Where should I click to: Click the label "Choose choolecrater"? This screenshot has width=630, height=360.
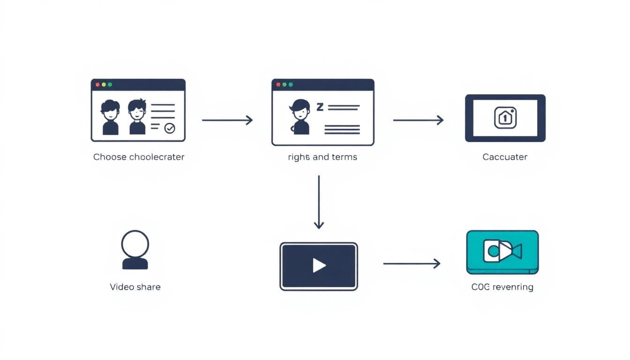[x=139, y=157]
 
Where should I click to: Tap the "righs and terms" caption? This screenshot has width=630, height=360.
[x=322, y=157]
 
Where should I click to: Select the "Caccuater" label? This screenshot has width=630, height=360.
[x=505, y=157]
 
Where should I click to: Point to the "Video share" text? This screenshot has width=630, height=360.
[x=135, y=287]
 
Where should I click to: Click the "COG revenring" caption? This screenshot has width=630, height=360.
[x=502, y=287]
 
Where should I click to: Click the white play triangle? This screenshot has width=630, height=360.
[x=319, y=266]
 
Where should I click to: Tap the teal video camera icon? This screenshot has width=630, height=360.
[x=502, y=251]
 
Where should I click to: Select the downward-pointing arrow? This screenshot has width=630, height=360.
[x=319, y=202]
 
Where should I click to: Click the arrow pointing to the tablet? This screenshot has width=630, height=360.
[x=418, y=120]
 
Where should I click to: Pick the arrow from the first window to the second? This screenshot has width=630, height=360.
[x=227, y=120]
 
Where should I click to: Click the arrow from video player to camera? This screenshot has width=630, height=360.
[x=412, y=264]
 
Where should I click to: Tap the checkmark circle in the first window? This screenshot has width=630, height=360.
[x=169, y=128]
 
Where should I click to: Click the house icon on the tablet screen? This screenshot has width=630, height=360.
[x=505, y=118]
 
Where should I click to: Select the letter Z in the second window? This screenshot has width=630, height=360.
[x=320, y=107]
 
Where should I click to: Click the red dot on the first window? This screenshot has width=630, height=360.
[x=97, y=85]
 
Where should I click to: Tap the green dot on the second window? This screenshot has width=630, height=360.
[x=291, y=85]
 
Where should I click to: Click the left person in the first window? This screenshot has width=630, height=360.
[x=110, y=117]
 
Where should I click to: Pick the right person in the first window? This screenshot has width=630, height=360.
[x=137, y=117]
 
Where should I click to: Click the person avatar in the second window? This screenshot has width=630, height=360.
[x=300, y=117]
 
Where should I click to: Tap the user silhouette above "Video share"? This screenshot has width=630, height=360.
[x=135, y=249]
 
